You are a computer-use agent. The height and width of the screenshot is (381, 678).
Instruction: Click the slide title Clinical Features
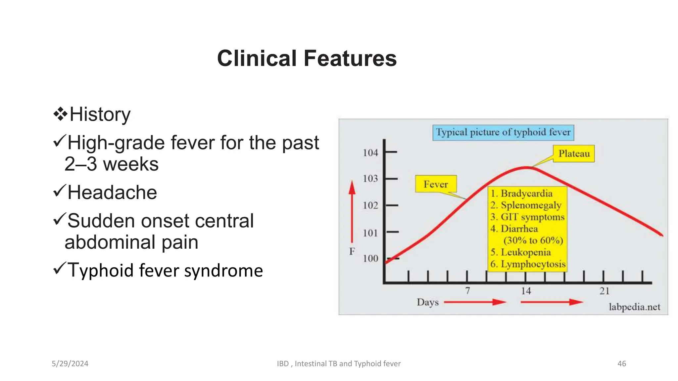tap(307, 58)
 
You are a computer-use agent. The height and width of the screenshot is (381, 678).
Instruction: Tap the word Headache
tap(112, 192)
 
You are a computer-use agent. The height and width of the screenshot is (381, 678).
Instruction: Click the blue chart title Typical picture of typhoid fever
tap(503, 132)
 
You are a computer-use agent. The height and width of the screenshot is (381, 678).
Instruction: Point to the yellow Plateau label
tap(574, 154)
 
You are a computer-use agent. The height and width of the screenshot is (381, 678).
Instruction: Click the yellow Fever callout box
tap(435, 184)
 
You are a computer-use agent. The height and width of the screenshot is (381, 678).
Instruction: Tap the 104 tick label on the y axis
tap(370, 153)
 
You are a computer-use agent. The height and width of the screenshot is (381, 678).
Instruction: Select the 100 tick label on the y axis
tap(370, 258)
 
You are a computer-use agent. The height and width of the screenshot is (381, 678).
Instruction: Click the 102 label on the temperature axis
tap(370, 205)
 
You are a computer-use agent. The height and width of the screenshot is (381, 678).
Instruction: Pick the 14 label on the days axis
tap(526, 291)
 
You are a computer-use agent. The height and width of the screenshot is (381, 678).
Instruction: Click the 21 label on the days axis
tap(604, 291)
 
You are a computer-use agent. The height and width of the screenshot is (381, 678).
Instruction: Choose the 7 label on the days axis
tap(467, 291)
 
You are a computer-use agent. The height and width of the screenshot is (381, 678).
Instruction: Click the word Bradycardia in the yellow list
tap(526, 193)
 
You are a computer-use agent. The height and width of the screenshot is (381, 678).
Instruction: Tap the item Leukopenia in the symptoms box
tap(525, 252)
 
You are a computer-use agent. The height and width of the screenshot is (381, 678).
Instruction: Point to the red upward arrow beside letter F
tap(352, 212)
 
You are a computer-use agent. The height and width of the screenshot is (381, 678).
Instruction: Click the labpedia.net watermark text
tap(634, 307)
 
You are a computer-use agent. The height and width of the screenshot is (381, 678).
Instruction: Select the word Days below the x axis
tap(427, 302)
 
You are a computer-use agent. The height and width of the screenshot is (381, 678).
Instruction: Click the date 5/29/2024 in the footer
tap(70, 364)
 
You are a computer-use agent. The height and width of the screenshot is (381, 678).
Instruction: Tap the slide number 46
tap(621, 364)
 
